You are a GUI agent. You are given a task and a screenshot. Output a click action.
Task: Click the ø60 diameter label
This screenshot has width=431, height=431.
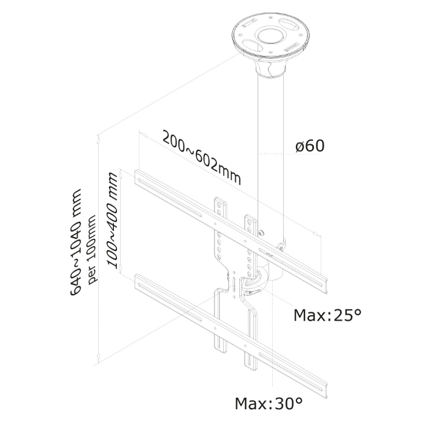tap(310, 146)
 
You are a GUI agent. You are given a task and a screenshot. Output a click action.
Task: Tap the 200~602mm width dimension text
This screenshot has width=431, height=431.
tap(202, 158)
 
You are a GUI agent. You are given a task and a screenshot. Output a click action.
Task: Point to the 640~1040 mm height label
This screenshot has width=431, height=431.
tap(76, 242)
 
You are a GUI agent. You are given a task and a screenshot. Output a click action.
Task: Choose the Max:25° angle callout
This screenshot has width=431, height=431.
tap(327, 315)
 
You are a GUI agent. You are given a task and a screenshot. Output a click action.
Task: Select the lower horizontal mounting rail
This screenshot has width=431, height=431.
tap(231, 336)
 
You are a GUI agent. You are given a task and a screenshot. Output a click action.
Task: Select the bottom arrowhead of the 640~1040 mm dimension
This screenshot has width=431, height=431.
tap(98, 357)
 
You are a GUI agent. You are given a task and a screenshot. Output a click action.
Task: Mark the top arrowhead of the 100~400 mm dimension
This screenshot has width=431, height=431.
tap(120, 172)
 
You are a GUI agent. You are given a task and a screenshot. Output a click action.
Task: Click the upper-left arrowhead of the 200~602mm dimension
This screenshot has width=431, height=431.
tap(143, 135)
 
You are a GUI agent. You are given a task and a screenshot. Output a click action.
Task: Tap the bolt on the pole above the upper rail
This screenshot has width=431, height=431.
tap(261, 233)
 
